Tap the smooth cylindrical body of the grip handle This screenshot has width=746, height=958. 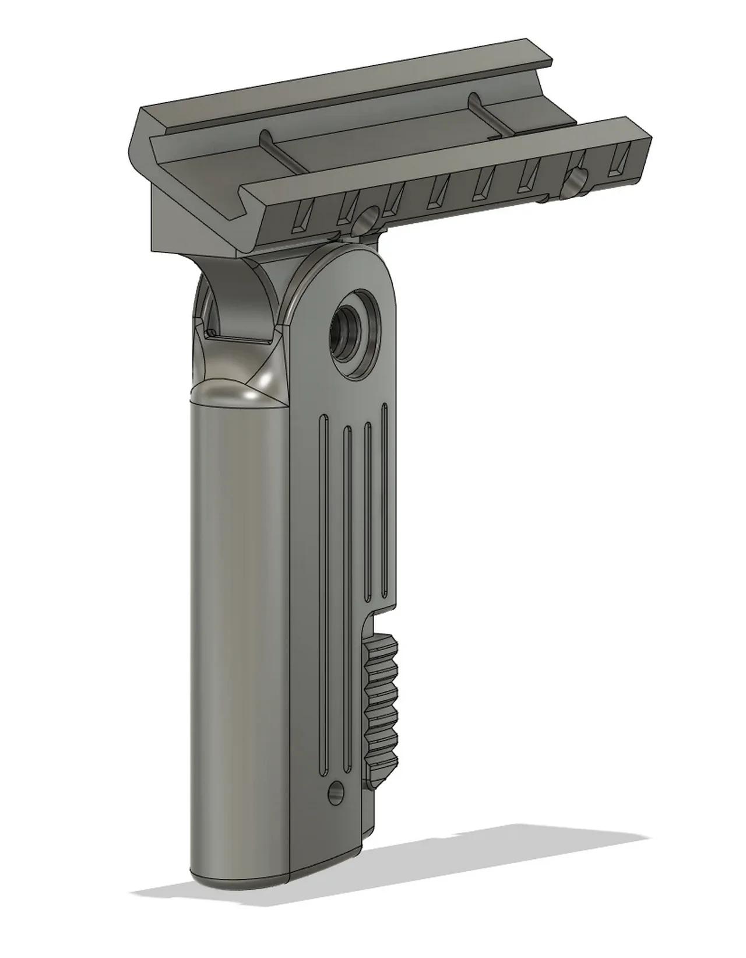239,641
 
